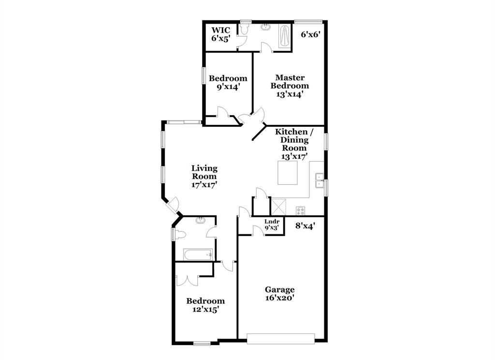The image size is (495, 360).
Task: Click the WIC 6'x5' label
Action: tap(220, 34)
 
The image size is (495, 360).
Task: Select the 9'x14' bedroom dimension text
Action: tap(228, 87)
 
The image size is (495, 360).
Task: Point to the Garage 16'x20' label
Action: tap(279, 294)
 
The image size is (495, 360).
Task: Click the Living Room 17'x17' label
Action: tap(204, 176)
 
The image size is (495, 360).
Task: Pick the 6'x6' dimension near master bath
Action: tap(311, 34)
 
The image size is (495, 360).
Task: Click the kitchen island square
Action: tap(287, 173)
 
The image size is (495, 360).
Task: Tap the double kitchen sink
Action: tap(319, 180)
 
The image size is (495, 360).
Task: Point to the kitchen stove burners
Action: tap(300, 210)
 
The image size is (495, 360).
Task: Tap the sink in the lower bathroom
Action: tap(200, 221)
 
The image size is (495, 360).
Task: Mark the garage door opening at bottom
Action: tap(280, 338)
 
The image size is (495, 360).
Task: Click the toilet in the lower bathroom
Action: tap(180, 235)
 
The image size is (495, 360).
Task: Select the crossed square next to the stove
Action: tap(278, 207)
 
